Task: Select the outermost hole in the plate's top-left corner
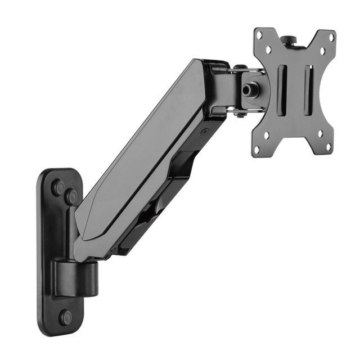tap(259, 35)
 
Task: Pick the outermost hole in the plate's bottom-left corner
tap(256, 150)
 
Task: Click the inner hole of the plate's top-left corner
tap(269, 49)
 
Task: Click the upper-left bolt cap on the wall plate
tap(57, 188)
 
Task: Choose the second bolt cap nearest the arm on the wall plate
tap(71, 197)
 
